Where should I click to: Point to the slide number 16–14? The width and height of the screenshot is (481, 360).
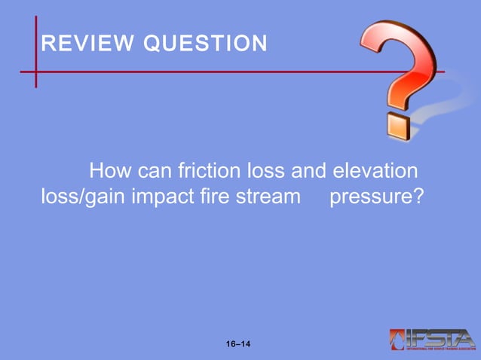(239, 344)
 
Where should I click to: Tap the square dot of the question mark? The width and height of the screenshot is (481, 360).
(399, 126)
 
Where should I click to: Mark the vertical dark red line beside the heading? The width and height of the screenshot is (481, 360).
(35, 53)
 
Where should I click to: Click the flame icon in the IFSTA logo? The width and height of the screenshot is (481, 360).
(397, 339)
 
